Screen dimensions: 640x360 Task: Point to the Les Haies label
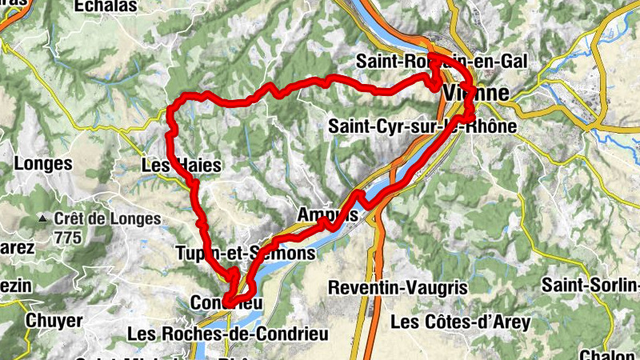tap(180, 166)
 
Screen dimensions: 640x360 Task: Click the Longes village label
tap(43, 164)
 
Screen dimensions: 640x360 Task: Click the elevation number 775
tap(69, 237)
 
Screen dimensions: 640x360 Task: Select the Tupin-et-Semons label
tap(245, 254)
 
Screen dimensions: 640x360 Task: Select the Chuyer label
tap(55, 320)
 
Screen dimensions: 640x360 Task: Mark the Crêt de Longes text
tap(107, 218)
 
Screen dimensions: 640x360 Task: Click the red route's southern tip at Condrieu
tap(226, 302)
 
